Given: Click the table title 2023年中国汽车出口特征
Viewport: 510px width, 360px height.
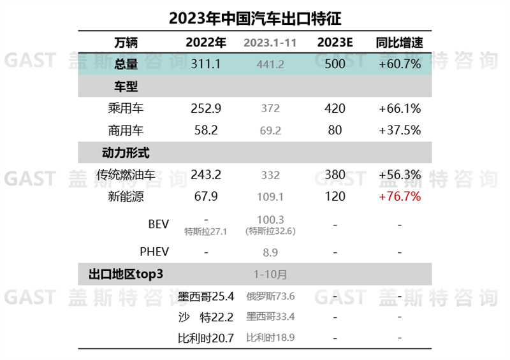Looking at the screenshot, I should [255, 17].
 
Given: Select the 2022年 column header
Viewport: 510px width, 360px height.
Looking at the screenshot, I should [206, 43].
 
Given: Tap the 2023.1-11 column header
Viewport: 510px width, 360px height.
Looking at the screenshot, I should [270, 44].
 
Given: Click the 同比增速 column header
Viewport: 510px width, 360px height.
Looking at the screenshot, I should [400, 43].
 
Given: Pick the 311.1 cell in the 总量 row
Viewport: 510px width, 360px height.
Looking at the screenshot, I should [206, 64].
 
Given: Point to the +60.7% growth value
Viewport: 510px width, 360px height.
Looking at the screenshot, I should [400, 64].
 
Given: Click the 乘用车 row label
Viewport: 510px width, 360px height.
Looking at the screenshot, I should [126, 108].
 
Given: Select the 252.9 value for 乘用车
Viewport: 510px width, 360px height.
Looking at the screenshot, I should [206, 108].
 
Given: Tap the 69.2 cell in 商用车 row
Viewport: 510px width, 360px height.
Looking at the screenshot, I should [270, 131].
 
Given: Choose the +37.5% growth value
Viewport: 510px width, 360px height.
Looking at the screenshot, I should [400, 130].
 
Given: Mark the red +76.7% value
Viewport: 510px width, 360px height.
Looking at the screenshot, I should [400, 196].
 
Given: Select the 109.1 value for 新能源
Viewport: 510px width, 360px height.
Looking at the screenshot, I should [270, 197].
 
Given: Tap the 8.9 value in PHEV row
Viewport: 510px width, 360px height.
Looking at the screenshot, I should [270, 253].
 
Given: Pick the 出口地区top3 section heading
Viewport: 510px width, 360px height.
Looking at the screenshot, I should [126, 275].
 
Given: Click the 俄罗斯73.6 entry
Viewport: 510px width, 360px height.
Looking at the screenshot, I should [270, 296].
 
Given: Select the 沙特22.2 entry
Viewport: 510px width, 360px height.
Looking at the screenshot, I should [206, 317].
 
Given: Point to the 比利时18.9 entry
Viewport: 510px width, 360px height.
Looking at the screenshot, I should [270, 337].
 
